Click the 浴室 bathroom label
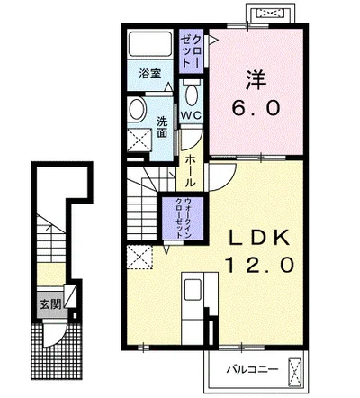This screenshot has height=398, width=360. [x=150, y=74]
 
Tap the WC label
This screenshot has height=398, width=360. [x=191, y=115]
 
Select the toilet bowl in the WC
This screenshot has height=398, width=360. [x=191, y=95]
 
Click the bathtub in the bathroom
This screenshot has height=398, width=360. [x=149, y=43]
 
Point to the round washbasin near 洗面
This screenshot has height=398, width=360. [x=137, y=110]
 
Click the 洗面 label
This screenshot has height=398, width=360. [x=162, y=127]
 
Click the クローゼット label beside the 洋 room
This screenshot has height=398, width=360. [x=192, y=50]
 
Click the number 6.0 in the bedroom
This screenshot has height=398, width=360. [x=256, y=108]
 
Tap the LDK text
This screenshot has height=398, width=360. [x=259, y=238]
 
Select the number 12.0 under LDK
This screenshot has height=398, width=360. [x=260, y=266]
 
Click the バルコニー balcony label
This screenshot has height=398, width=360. [x=252, y=369]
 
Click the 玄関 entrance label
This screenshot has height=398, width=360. [x=50, y=304]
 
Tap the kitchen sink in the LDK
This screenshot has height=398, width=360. [x=193, y=289]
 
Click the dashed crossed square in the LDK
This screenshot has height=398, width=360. [x=139, y=257]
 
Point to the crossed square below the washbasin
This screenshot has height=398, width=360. [x=139, y=140]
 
